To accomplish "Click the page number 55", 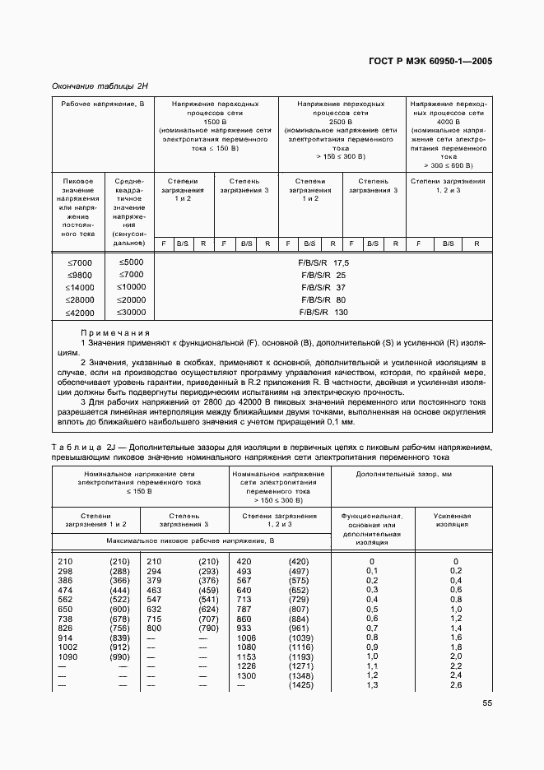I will [x=486, y=703].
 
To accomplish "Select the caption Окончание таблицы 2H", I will [x=100, y=86].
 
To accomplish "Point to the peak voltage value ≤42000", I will [x=81, y=313].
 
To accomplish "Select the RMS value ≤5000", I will [x=130, y=262].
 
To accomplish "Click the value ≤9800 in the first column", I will [x=81, y=276].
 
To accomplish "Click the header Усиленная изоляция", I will [x=452, y=519].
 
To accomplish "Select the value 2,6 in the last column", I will [x=455, y=684].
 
